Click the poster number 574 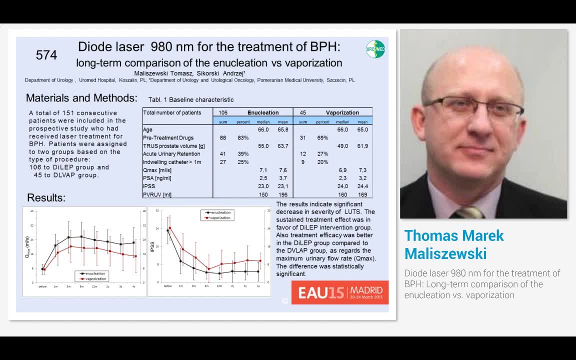tap(46, 55)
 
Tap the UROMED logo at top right tap(375, 49)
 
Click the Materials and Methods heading tap(81, 98)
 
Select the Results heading tap(46, 197)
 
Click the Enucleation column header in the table tap(263, 112)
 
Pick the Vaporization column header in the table tap(342, 112)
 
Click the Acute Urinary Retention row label tap(171, 154)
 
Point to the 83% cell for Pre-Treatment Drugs tap(243, 137)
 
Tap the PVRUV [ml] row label tap(157, 194)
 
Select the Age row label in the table tap(147, 129)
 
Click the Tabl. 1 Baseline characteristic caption tap(191, 99)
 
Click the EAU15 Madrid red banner tap(340, 292)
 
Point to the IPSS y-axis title tap(152, 245)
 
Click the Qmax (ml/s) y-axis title tap(27, 246)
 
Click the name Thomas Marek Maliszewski tap(454, 244)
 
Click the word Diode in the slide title tap(95, 47)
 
